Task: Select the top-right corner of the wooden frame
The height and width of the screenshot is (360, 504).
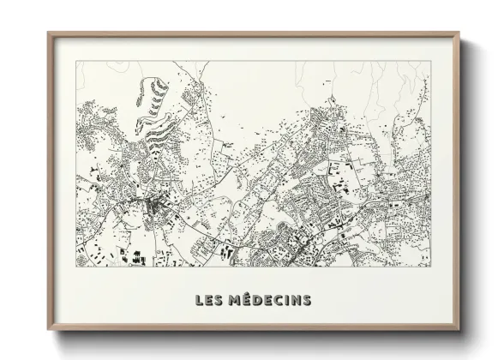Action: coord(459,33)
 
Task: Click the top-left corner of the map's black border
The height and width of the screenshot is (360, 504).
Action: coord(75,61)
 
